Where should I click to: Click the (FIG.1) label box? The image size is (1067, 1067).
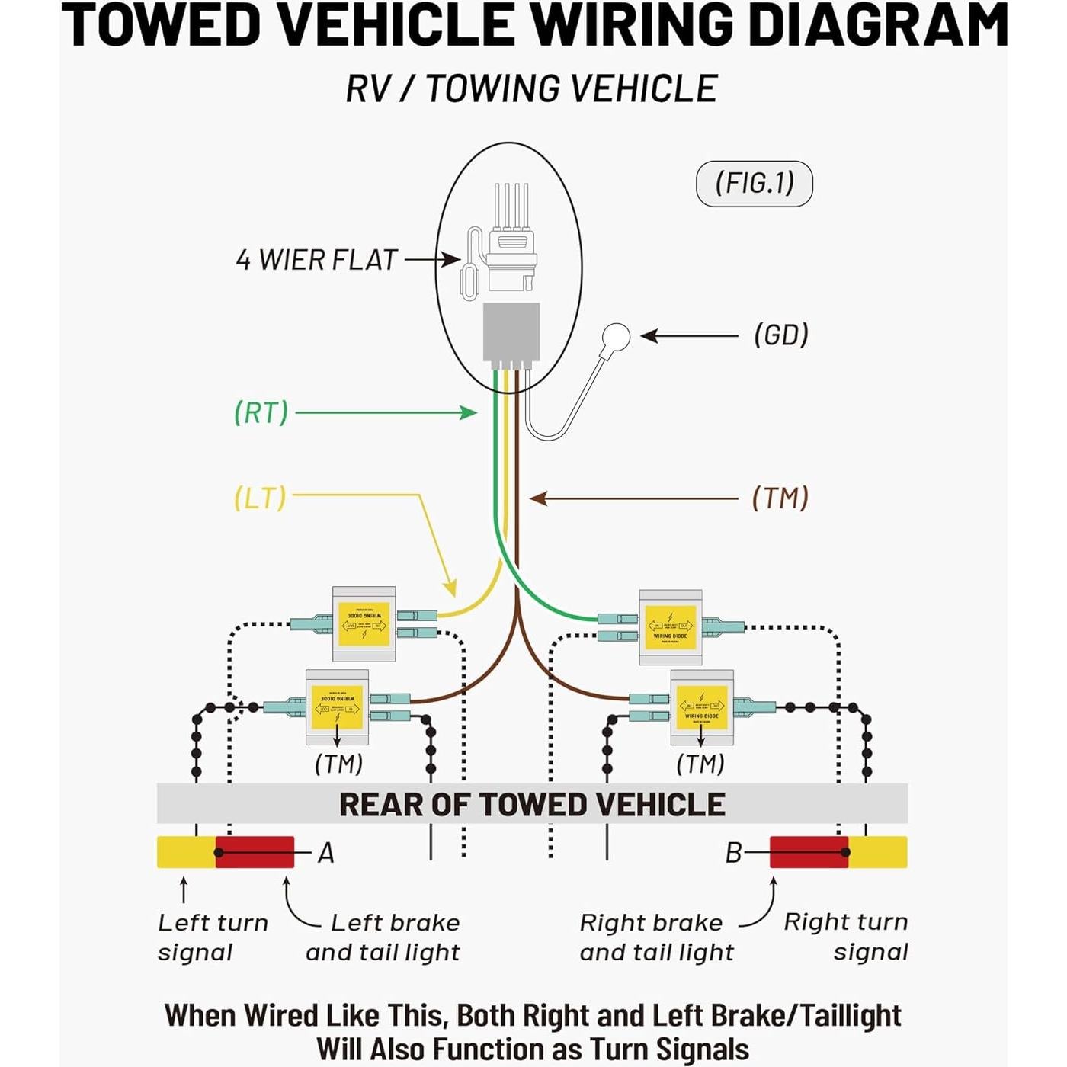(x=754, y=184)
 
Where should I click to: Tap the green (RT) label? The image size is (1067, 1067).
(x=261, y=412)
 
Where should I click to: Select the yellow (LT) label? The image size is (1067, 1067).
(x=260, y=498)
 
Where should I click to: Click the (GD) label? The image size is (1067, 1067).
(x=781, y=335)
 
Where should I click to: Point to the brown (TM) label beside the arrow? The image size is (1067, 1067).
(x=780, y=498)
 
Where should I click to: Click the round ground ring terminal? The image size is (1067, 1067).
(x=615, y=337)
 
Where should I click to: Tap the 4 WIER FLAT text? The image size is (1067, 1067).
(x=316, y=260)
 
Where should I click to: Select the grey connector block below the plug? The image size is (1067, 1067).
(x=511, y=332)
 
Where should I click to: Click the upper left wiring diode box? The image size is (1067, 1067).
(x=364, y=624)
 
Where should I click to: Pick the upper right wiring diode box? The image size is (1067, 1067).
(x=670, y=627)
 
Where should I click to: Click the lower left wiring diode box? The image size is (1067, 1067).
(x=337, y=707)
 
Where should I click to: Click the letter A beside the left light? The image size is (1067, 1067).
(x=326, y=853)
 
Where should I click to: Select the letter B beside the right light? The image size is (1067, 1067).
(x=733, y=853)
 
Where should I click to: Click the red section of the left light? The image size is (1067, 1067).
(x=255, y=852)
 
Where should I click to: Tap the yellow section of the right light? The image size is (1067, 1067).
(x=878, y=852)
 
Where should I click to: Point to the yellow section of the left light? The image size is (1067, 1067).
(x=185, y=852)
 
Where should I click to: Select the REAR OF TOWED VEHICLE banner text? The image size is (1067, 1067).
(x=532, y=805)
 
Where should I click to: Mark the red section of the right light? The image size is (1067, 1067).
(x=808, y=852)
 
